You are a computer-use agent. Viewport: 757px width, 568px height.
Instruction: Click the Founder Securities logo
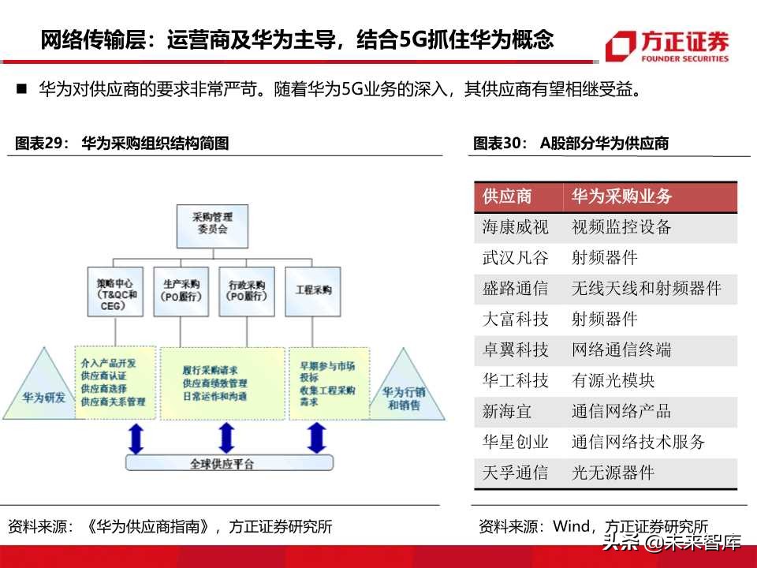coord(667,46)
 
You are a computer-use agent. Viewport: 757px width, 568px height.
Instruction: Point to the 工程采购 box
coord(313,290)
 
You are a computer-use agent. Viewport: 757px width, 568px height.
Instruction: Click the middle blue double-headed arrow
coord(226,437)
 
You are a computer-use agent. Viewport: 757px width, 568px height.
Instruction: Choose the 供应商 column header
coord(507,196)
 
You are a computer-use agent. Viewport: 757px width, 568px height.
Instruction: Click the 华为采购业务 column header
coord(621,196)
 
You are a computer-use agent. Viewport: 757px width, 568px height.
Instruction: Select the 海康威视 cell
coord(516,227)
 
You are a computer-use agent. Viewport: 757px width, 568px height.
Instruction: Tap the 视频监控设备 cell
coord(621,227)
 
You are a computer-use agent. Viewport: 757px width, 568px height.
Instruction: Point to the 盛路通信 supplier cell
coord(516,289)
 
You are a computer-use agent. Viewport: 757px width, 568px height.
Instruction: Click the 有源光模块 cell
coord(613,381)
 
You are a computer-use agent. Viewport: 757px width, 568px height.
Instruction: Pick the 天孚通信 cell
coord(516,473)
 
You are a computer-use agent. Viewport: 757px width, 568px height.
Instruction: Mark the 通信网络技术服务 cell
coord(639,443)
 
